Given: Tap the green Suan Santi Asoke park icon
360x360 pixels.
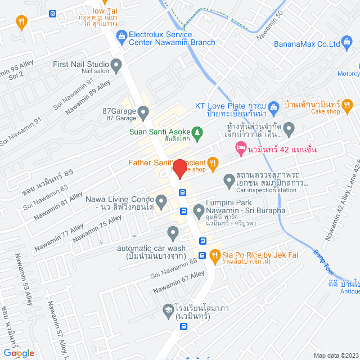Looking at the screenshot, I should tap(197, 132).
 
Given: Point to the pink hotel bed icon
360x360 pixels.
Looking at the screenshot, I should tap(240, 149).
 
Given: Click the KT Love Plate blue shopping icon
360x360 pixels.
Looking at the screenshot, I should tap(273, 106).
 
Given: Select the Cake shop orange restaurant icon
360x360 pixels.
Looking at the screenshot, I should tap(347, 104).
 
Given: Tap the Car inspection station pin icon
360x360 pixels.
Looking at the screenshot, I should tap(229, 181).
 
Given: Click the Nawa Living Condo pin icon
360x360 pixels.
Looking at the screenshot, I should tap(161, 200).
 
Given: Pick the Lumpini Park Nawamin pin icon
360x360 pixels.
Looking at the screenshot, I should tap(198, 211).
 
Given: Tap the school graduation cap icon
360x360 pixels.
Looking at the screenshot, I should tap(168, 309).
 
